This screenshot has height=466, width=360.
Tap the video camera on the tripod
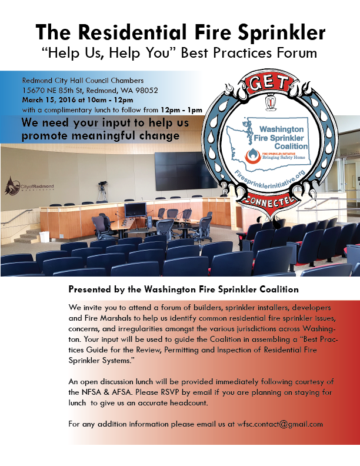coord(102,185)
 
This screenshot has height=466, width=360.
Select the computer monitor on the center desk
coord(135,209)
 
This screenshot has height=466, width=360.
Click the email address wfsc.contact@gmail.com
coord(280,424)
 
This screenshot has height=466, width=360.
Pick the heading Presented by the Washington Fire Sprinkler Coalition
coord(184,289)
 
